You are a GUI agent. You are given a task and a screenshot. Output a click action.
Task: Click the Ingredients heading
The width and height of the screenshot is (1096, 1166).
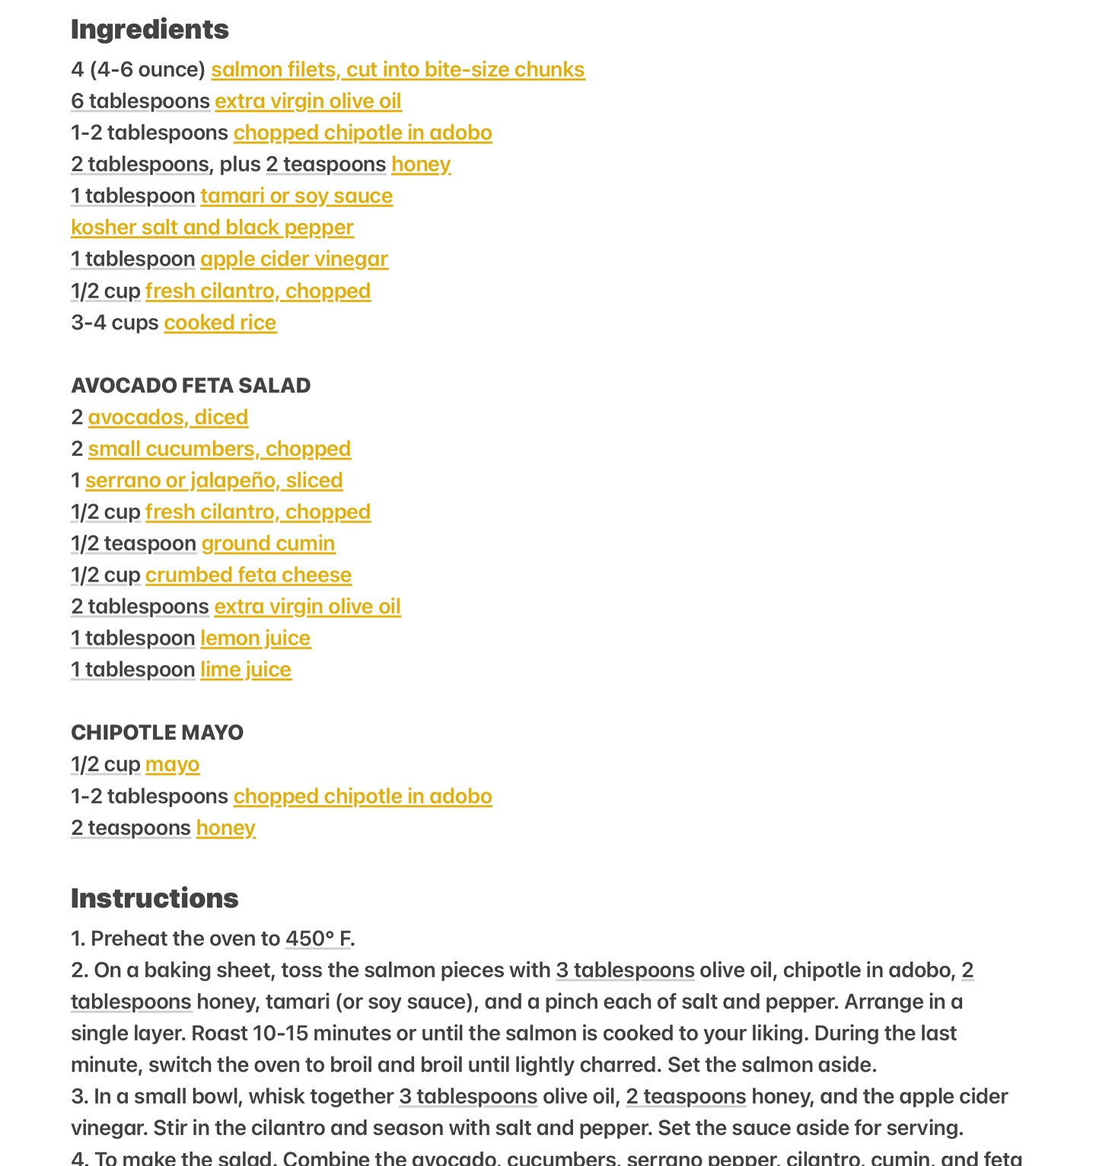click(149, 30)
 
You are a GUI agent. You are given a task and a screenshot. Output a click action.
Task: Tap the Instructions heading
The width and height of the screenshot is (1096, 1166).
click(155, 898)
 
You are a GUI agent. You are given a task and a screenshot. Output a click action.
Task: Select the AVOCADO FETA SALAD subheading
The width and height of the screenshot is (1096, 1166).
click(190, 385)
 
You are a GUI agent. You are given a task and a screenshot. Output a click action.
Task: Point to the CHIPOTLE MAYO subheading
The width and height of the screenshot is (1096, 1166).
click(157, 732)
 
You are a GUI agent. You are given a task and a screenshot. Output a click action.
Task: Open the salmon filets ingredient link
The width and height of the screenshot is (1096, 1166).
click(397, 69)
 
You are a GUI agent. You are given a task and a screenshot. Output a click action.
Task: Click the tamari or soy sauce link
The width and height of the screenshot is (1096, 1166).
click(296, 196)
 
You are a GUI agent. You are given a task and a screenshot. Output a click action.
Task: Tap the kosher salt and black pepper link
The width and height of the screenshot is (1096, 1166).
click(212, 228)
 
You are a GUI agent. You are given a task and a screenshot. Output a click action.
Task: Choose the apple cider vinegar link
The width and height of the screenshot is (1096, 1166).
click(294, 259)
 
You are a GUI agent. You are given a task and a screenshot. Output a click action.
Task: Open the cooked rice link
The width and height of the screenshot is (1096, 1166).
click(220, 323)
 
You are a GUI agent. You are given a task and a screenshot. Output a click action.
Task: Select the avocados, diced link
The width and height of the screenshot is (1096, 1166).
click(167, 417)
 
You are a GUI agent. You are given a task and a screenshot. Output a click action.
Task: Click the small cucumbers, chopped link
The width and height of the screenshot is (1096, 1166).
click(219, 449)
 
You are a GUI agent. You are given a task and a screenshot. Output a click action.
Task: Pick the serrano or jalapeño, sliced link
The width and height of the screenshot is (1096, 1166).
click(214, 480)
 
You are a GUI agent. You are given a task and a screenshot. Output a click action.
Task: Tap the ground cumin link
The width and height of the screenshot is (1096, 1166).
click(268, 543)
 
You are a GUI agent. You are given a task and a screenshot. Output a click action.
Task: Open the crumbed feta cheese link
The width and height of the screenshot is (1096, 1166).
click(248, 575)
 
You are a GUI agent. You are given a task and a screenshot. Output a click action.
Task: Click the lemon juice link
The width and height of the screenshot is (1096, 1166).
click(255, 638)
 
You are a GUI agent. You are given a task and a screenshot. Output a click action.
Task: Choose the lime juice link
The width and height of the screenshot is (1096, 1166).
click(246, 670)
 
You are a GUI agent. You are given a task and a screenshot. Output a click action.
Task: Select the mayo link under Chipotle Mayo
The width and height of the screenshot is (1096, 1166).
click(172, 764)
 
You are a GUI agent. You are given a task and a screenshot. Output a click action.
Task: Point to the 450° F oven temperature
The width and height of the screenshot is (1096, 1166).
click(317, 938)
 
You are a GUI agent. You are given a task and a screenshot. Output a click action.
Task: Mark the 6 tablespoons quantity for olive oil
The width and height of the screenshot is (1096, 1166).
click(140, 101)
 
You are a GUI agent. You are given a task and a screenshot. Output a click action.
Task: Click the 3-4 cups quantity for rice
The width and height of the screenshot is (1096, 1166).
click(114, 323)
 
